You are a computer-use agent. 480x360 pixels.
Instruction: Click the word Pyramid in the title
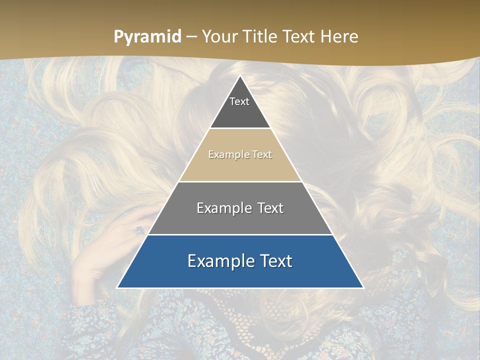(147, 37)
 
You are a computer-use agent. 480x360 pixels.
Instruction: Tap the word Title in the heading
(261, 37)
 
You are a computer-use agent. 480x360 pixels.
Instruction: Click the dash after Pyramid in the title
(191, 37)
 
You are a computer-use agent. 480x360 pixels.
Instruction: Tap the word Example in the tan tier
(224, 155)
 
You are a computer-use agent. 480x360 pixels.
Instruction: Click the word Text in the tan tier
(262, 155)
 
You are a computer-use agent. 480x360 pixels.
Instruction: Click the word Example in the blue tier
(219, 261)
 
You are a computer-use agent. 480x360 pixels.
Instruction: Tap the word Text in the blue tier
(276, 261)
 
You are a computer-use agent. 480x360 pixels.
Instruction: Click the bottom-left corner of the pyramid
(117, 287)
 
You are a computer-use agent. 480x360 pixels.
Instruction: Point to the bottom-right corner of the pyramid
(363, 287)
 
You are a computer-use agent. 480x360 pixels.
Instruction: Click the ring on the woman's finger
(139, 230)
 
